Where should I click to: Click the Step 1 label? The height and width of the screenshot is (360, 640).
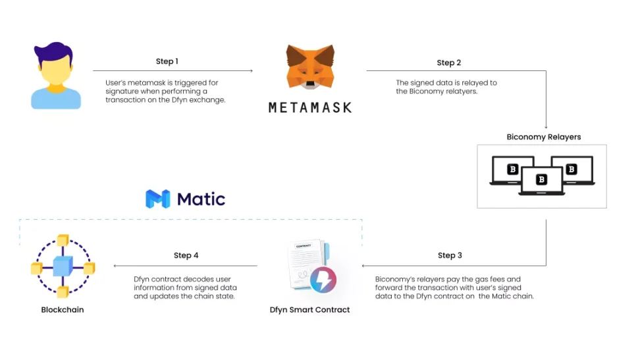[167, 61]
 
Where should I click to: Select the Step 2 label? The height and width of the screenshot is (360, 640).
[449, 63]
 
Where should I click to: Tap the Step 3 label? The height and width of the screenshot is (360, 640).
[450, 255]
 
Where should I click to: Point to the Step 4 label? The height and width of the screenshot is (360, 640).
[186, 255]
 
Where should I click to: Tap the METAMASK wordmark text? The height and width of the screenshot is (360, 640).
[310, 107]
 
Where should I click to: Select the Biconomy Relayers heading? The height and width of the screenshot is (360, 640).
[543, 137]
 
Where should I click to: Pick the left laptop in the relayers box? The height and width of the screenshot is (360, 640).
[512, 170]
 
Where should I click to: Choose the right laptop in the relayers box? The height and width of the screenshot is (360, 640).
[572, 170]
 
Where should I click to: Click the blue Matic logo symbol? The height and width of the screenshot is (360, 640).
[158, 199]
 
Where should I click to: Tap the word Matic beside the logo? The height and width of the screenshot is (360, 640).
[201, 199]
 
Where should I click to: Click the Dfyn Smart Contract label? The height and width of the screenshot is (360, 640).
[309, 309]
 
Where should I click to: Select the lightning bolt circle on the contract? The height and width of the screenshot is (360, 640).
[323, 280]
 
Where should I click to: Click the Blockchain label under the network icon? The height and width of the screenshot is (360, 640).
[63, 309]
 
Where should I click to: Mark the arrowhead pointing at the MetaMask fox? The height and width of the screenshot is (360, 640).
[251, 70]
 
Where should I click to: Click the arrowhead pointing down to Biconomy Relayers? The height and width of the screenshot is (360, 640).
[546, 127]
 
